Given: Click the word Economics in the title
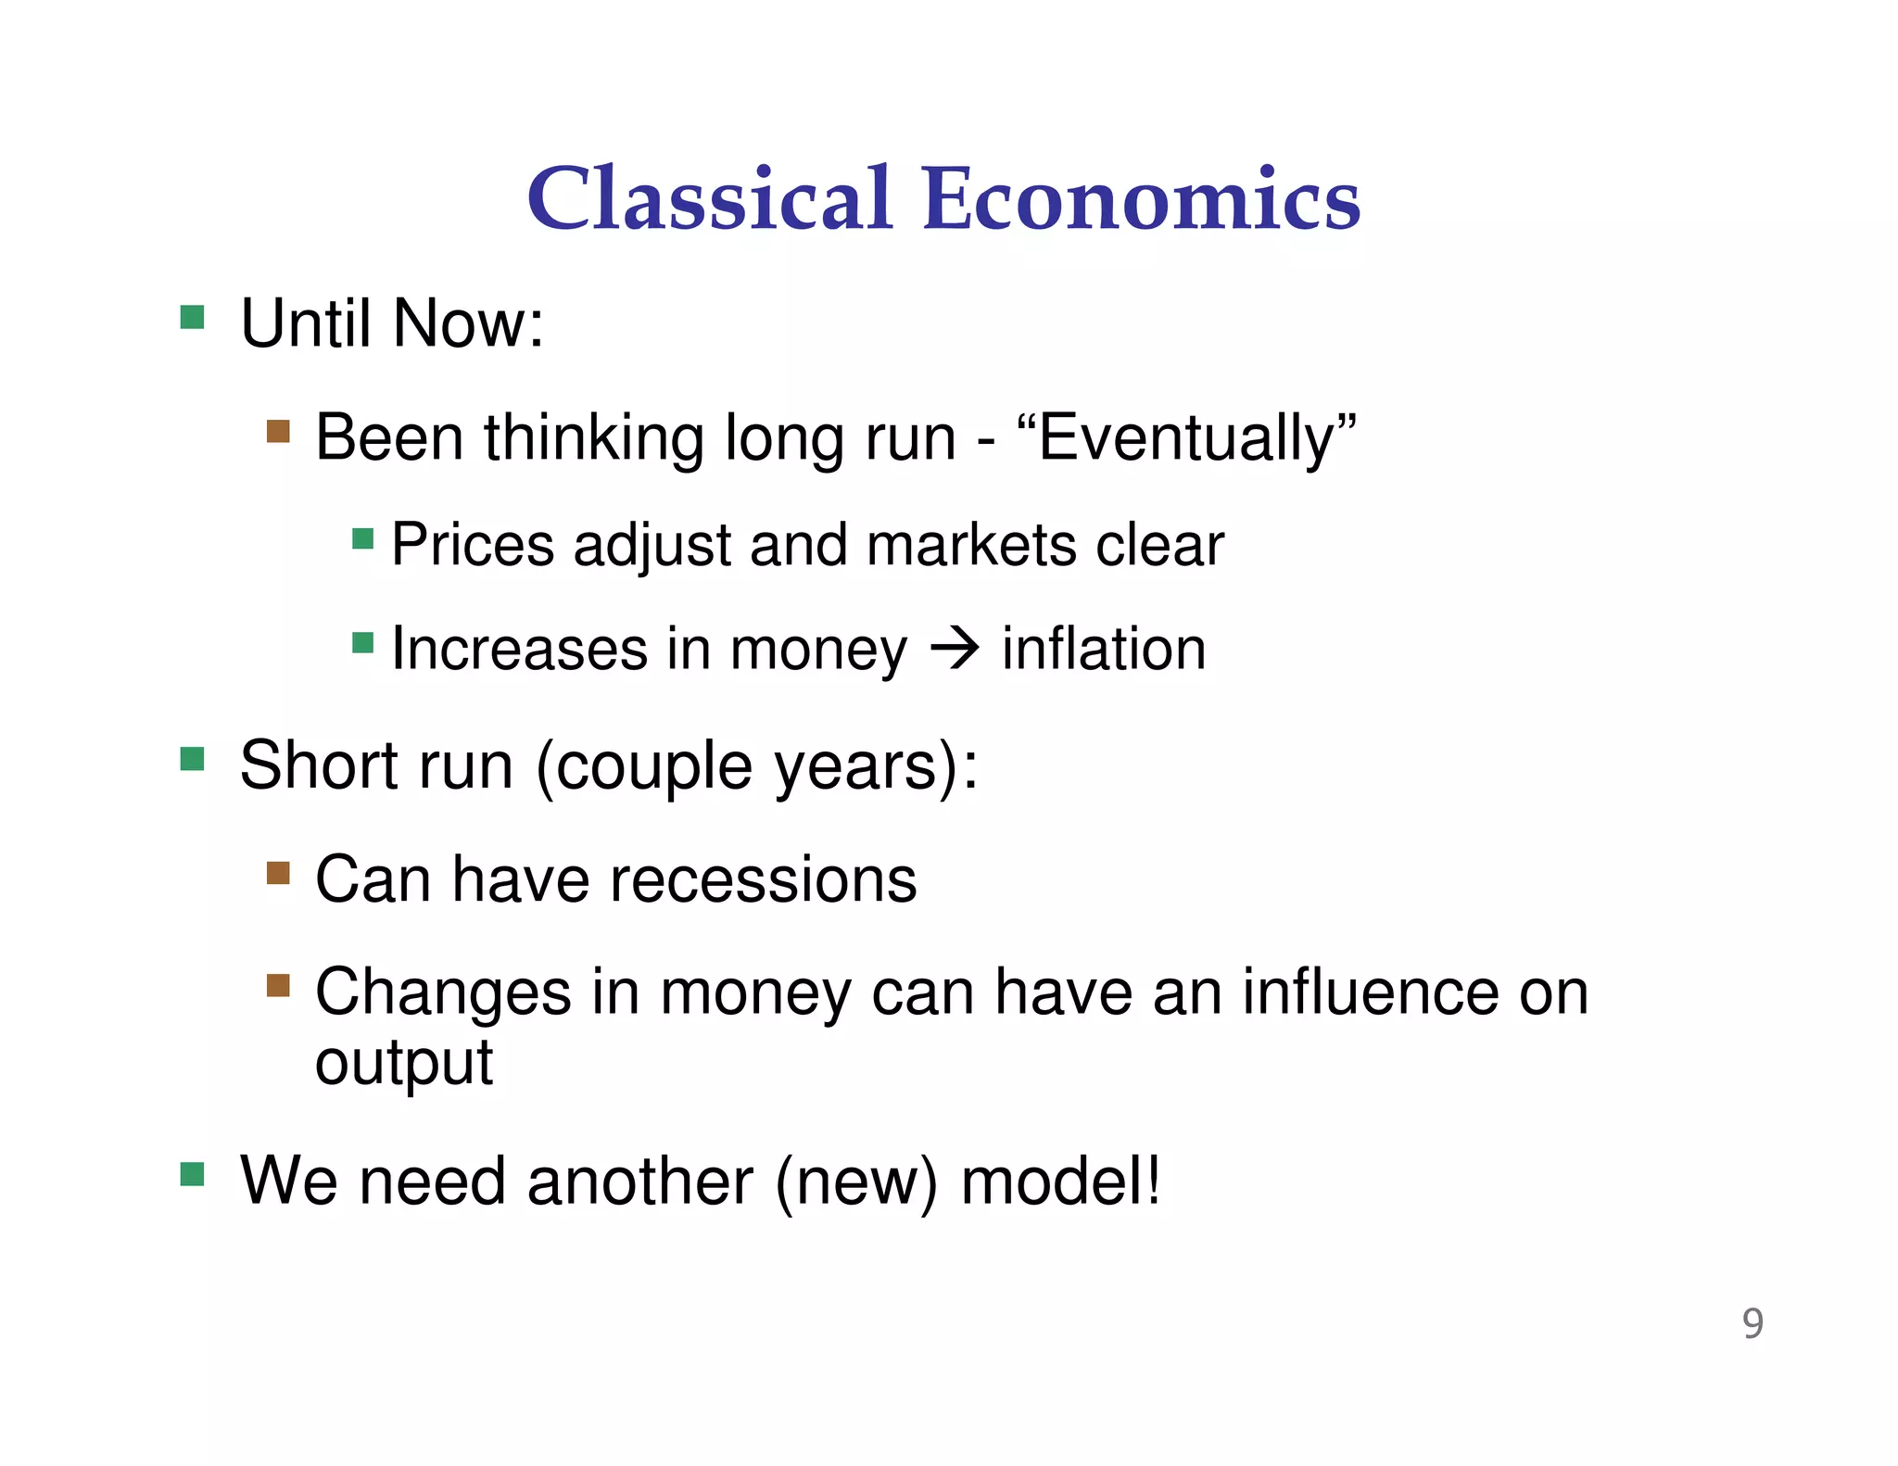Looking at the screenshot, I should click(x=1141, y=198).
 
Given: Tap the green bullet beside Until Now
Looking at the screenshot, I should click(x=192, y=317).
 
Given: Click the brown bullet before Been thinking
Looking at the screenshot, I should click(x=278, y=431).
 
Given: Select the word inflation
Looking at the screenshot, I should click(x=1104, y=649).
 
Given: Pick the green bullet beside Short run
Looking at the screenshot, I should click(x=192, y=759).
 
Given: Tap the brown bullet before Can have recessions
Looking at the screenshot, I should click(x=278, y=873).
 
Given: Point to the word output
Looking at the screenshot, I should click(x=403, y=1063).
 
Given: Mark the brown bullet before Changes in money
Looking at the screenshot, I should click(x=278, y=984).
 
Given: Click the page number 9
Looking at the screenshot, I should click(x=1752, y=1323).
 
